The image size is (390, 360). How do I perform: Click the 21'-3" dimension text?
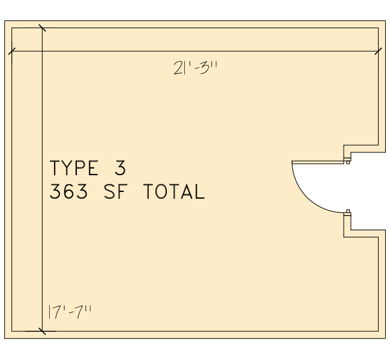tap(196, 68)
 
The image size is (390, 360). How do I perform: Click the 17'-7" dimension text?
tap(70, 312)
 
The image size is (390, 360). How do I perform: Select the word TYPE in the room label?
tap(74, 168)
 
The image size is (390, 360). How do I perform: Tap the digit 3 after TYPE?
tap(121, 168)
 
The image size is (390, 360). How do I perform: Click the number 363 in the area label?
tap(69, 191)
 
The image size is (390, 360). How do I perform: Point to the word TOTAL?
tap(175, 191)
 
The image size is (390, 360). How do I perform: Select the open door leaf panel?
tap(318, 162)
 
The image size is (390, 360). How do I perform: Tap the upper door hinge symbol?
tap(347, 160)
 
